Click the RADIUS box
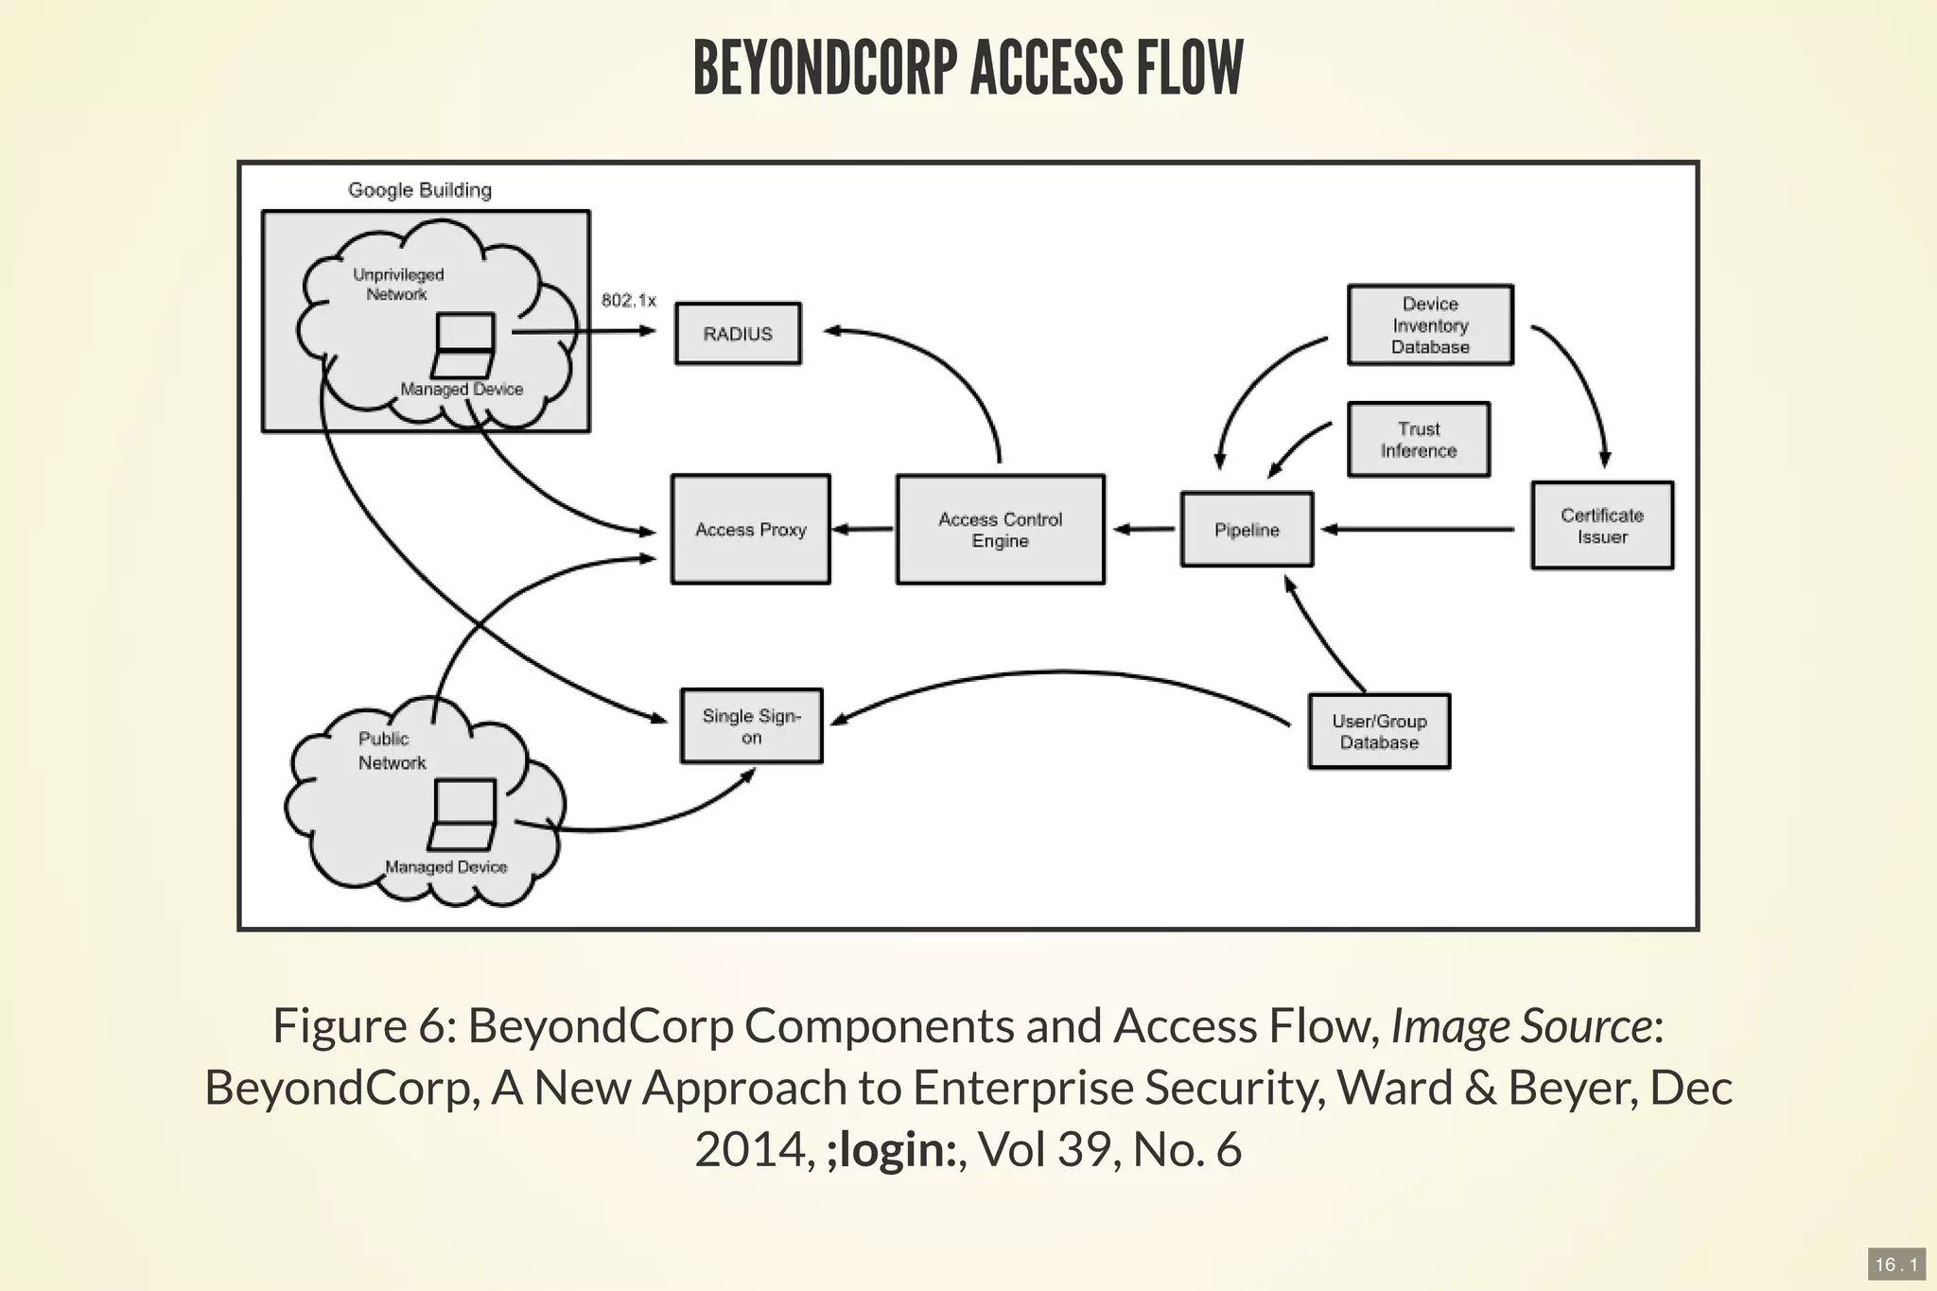pos(738,334)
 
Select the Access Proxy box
pos(750,530)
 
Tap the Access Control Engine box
pos(1000,530)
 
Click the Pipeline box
pos(1247,530)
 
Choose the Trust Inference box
pos(1418,440)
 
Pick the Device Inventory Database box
pos(1430,325)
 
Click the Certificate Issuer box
pos(1601,526)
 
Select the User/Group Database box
pos(1379,732)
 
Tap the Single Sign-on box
pos(751,726)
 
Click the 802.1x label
pos(628,301)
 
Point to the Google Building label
pos(420,190)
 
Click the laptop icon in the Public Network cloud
pos(462,814)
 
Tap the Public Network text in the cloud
pos(391,751)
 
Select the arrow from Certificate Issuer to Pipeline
pos(1419,530)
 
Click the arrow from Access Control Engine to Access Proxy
pos(863,530)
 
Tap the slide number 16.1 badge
pos(1895,1265)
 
